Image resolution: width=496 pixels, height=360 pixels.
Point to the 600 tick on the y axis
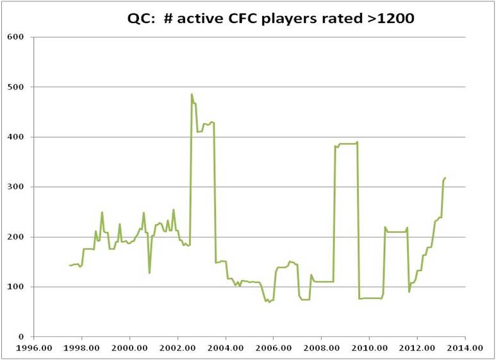pyautogui.click(x=17, y=37)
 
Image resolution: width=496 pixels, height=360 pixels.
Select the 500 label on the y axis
pyautogui.click(x=17, y=86)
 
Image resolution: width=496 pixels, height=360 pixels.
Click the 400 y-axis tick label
pyautogui.click(x=17, y=136)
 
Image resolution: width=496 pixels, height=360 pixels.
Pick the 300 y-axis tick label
pyautogui.click(x=17, y=186)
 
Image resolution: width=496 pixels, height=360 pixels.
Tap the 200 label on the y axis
pyautogui.click(x=17, y=236)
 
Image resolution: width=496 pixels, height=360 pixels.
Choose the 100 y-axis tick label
pyautogui.click(x=17, y=286)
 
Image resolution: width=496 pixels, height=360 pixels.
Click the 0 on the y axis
pyautogui.click(x=22, y=336)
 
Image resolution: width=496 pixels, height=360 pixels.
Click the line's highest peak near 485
pyautogui.click(x=192, y=94)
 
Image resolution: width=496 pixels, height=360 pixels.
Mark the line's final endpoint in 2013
pyautogui.click(x=445, y=177)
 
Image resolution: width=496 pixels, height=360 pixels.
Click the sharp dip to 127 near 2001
pyautogui.click(x=149, y=273)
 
